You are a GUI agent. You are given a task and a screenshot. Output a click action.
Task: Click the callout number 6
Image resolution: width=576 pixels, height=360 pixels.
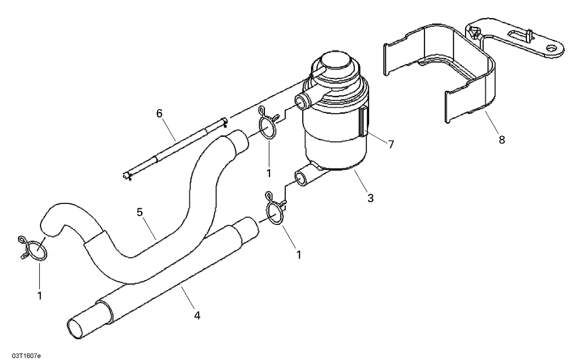159,113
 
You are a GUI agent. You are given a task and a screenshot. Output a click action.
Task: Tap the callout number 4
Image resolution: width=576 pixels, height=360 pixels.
197,315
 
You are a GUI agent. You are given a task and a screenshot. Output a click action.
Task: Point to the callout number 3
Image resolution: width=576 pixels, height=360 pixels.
370,198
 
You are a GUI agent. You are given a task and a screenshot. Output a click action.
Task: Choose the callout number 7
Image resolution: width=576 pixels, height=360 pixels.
391,144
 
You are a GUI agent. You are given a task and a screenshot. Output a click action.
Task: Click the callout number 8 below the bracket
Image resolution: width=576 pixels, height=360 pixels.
502,140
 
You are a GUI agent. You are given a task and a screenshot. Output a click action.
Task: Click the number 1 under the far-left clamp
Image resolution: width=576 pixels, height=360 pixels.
39,295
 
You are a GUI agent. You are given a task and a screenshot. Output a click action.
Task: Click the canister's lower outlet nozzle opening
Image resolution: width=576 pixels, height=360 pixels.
300,179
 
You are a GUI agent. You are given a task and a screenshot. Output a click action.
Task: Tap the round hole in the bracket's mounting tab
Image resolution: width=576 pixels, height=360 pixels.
552,48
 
